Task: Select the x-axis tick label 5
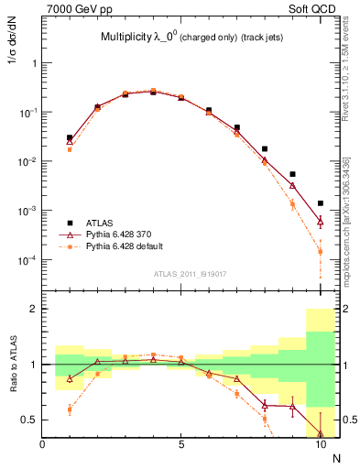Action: (x=181, y=446)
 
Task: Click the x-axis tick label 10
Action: (x=320, y=446)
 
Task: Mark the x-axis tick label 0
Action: (x=43, y=446)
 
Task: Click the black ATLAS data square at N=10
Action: (x=321, y=203)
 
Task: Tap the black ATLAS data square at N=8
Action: (x=265, y=148)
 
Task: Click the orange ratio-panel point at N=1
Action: (x=70, y=409)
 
